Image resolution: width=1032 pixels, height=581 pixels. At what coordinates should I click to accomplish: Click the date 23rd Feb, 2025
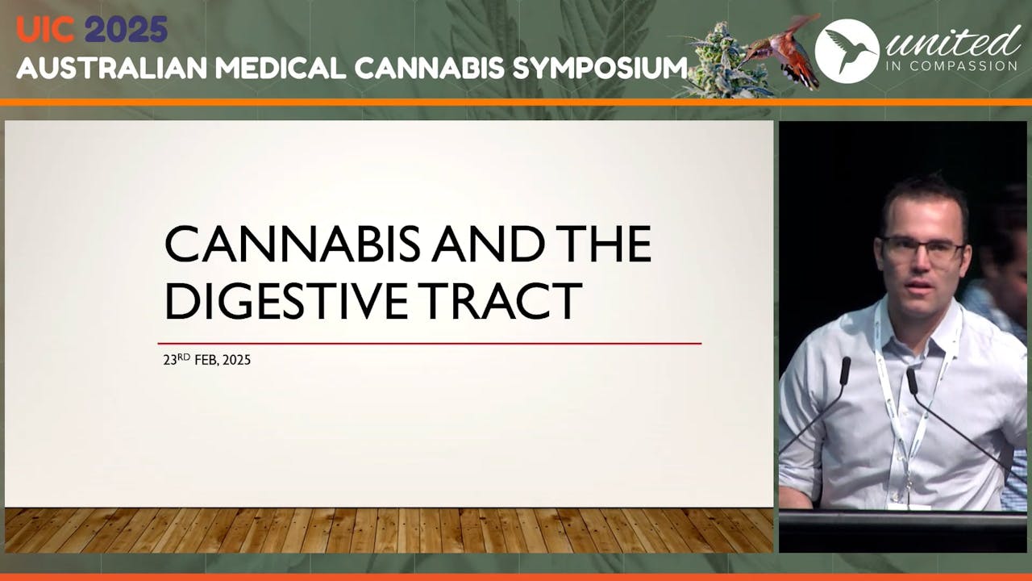coord(207,360)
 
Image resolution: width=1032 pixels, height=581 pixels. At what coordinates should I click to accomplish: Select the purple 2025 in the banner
coord(127,31)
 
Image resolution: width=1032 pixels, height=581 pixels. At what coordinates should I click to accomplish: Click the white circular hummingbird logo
coord(847,50)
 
